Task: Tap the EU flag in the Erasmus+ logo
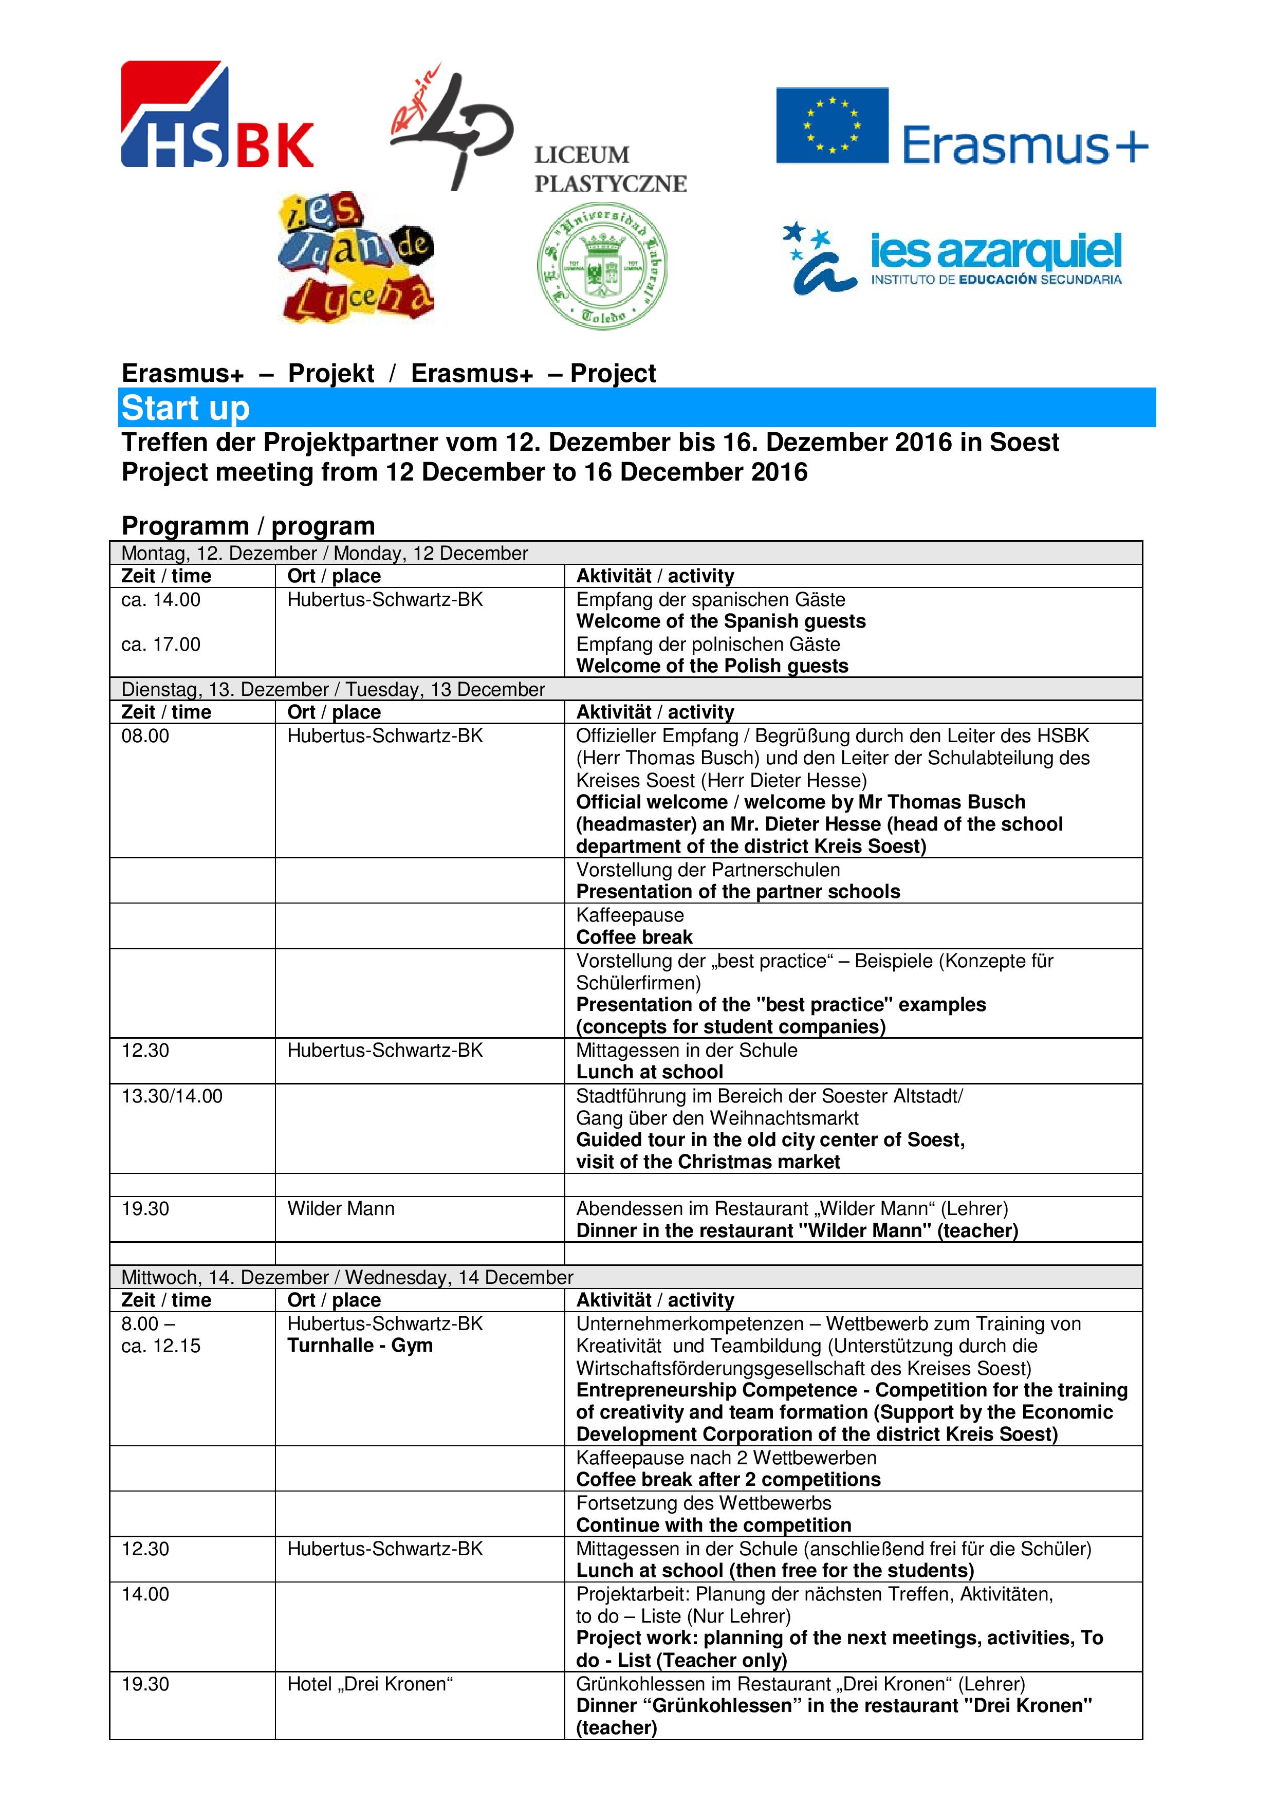pos(831,125)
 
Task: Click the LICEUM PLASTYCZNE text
pos(610,169)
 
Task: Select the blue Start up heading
pos(186,408)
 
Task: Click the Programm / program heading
pos(248,525)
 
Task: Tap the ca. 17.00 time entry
pos(161,644)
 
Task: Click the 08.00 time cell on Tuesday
pos(145,736)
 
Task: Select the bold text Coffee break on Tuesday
pos(634,937)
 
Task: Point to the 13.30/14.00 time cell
pos(172,1095)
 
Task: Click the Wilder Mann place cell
pos(341,1208)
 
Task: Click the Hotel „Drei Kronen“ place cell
pos(370,1684)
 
